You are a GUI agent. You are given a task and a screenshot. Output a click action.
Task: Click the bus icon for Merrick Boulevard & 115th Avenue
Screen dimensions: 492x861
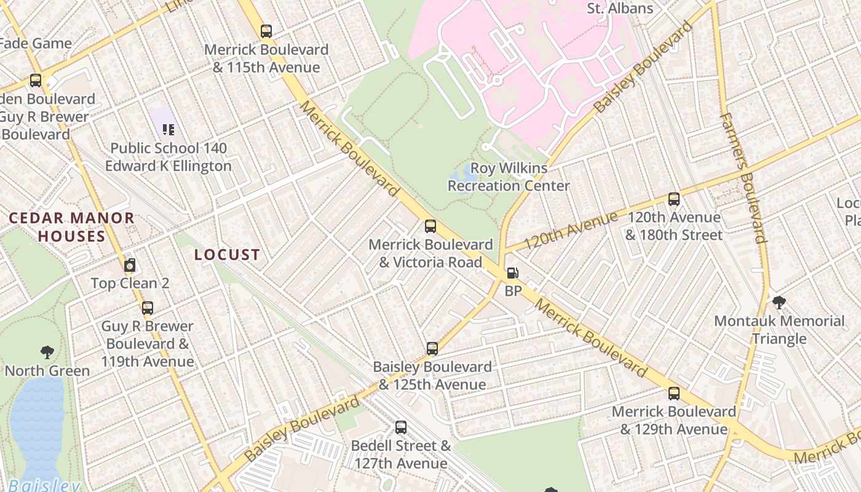(266, 31)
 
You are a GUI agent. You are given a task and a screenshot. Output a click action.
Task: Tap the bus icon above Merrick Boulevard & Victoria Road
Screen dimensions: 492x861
(430, 226)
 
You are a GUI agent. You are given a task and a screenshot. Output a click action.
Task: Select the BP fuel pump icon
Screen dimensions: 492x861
(512, 273)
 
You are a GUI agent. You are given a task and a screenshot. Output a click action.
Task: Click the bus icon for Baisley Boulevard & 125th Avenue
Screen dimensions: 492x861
(432, 349)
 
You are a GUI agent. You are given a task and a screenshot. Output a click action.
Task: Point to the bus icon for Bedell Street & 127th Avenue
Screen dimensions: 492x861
(401, 427)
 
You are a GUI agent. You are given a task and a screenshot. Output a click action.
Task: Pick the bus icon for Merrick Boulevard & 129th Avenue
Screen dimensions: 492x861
(674, 393)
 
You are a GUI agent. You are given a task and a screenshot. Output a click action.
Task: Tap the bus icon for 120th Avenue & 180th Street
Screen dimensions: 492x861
(674, 199)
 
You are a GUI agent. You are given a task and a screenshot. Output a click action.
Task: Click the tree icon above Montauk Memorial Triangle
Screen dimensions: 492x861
(779, 302)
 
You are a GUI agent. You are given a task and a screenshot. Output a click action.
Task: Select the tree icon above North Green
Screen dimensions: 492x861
(47, 352)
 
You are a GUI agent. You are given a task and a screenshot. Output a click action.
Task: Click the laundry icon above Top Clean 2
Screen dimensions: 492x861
(129, 266)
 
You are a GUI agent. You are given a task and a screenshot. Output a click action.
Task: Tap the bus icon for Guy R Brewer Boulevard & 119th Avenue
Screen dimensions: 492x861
(148, 307)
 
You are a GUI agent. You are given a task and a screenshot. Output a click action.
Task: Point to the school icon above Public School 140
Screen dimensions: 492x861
(169, 129)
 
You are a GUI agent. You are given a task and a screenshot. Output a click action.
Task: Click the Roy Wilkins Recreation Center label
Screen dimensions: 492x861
(509, 177)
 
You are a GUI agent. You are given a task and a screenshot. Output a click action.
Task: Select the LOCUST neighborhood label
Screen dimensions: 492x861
(227, 255)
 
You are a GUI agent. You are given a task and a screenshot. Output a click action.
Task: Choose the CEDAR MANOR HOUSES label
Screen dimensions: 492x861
(71, 227)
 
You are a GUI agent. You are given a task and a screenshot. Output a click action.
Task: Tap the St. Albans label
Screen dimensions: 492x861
(620, 9)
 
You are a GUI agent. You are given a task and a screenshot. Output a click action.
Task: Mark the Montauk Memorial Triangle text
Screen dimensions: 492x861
(779, 330)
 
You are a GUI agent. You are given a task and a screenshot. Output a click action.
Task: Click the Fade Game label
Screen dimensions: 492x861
(36, 43)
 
